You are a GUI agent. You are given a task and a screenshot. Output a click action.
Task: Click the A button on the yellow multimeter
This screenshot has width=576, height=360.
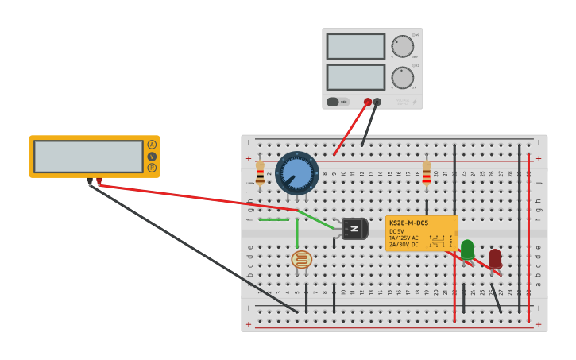point(152,145)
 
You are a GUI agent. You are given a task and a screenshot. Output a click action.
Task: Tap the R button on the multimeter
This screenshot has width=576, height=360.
point(152,168)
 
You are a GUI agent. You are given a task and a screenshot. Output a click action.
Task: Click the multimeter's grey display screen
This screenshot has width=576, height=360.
point(88,157)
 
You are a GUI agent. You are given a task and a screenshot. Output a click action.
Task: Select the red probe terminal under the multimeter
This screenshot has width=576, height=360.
point(99,182)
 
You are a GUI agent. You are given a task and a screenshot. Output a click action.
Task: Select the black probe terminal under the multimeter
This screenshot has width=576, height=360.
point(89,182)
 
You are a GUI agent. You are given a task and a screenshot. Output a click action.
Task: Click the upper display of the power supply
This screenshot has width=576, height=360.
point(355,46)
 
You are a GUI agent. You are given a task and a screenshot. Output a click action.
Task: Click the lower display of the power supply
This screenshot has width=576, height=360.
point(355,77)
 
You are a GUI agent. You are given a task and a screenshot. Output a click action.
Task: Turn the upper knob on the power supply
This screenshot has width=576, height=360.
point(403,46)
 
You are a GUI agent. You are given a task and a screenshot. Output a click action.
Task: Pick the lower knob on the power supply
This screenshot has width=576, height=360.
point(403,78)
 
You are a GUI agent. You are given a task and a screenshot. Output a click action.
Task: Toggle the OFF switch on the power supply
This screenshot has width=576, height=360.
point(338,102)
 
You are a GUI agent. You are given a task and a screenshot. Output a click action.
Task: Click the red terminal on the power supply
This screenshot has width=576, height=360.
point(368,102)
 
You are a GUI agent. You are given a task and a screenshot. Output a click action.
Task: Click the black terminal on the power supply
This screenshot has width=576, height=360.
point(377,102)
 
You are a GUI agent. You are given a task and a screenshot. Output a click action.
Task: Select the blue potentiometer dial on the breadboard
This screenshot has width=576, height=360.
point(297,172)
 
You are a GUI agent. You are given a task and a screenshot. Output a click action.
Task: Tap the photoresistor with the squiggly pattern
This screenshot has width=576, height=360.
point(301,259)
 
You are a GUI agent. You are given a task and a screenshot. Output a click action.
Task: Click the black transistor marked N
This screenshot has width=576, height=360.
point(354,229)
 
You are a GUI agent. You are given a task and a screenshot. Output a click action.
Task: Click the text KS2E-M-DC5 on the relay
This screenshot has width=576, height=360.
point(408,223)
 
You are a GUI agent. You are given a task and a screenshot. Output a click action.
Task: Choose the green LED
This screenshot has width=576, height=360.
point(467,249)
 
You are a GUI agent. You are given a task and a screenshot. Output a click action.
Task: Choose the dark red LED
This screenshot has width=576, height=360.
point(495,257)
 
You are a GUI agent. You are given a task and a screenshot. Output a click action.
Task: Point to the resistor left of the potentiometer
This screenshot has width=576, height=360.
point(260,172)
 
